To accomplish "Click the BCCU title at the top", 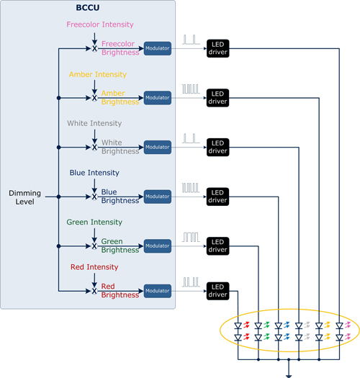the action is [88, 8].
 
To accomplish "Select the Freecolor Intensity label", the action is [100, 24].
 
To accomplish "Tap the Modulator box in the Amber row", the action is [158, 98].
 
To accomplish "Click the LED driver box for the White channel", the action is [217, 147].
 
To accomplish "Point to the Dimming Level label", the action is [24, 197].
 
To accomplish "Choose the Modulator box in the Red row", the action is [158, 291].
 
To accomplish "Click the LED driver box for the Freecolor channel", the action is [217, 48].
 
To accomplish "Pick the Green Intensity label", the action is [94, 222].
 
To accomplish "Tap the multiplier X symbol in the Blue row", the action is [94, 197].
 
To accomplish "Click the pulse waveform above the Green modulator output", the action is [191, 237].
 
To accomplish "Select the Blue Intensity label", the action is [94, 173].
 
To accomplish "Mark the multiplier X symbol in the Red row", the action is [94, 291].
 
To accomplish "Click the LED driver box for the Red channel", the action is [217, 291].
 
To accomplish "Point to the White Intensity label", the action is [94, 123].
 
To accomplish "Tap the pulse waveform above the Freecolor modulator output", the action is [191, 40].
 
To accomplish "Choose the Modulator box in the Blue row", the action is [158, 197].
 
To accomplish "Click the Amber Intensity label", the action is [98, 74].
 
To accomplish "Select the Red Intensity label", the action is [94, 267].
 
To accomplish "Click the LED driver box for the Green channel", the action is [217, 246].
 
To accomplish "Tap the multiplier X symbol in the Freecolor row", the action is [94, 48].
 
